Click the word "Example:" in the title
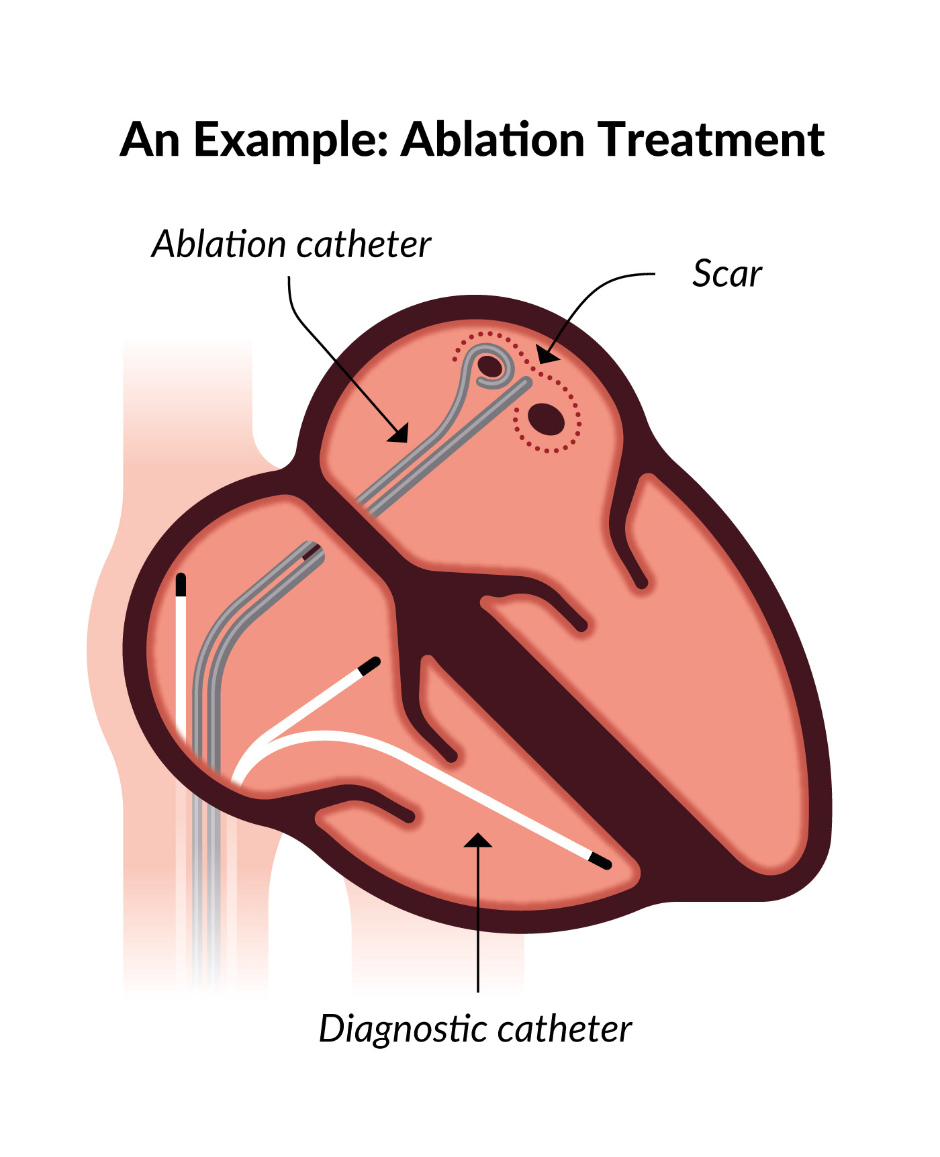[x=291, y=141]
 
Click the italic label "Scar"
[x=726, y=274]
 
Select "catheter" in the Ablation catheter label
[x=363, y=244]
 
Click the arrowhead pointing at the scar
[x=547, y=355]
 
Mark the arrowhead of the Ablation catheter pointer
[x=399, y=433]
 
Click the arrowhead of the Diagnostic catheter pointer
[x=477, y=840]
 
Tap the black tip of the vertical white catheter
[x=181, y=585]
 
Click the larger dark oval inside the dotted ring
[x=546, y=420]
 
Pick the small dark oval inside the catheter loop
[x=490, y=367]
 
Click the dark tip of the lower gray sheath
[x=312, y=553]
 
